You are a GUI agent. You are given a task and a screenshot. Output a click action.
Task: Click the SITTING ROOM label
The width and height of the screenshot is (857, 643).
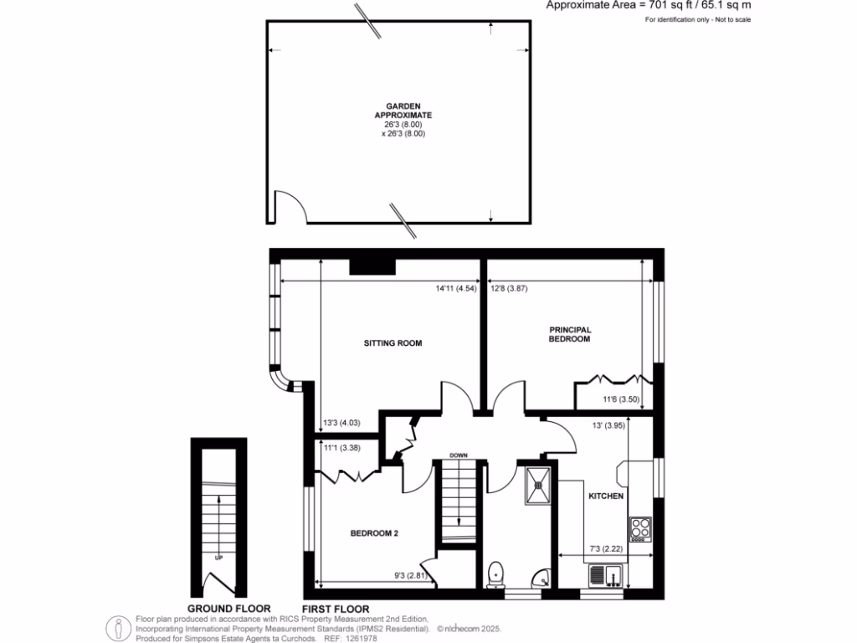(x=392, y=343)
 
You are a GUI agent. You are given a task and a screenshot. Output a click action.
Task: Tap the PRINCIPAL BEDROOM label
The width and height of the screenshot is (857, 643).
(x=569, y=335)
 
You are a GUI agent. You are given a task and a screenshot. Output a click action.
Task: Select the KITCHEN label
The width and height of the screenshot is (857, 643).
(x=606, y=496)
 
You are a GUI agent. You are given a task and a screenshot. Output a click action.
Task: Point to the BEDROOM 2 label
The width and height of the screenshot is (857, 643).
(x=373, y=533)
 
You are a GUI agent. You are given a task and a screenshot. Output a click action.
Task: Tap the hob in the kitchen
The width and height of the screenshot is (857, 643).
(x=641, y=528)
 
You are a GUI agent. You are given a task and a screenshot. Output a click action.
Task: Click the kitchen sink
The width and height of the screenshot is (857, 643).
(x=603, y=576)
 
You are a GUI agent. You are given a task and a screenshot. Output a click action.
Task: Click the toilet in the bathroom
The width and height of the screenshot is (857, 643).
(x=495, y=574)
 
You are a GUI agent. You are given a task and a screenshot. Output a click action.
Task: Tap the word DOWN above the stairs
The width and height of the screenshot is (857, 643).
(x=458, y=455)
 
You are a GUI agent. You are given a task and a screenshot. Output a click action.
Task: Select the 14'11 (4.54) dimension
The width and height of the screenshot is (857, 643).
(x=456, y=290)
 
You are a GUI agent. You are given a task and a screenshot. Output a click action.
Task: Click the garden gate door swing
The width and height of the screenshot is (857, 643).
(x=291, y=207)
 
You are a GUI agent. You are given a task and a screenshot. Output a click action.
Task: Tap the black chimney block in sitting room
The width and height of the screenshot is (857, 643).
(x=372, y=266)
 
